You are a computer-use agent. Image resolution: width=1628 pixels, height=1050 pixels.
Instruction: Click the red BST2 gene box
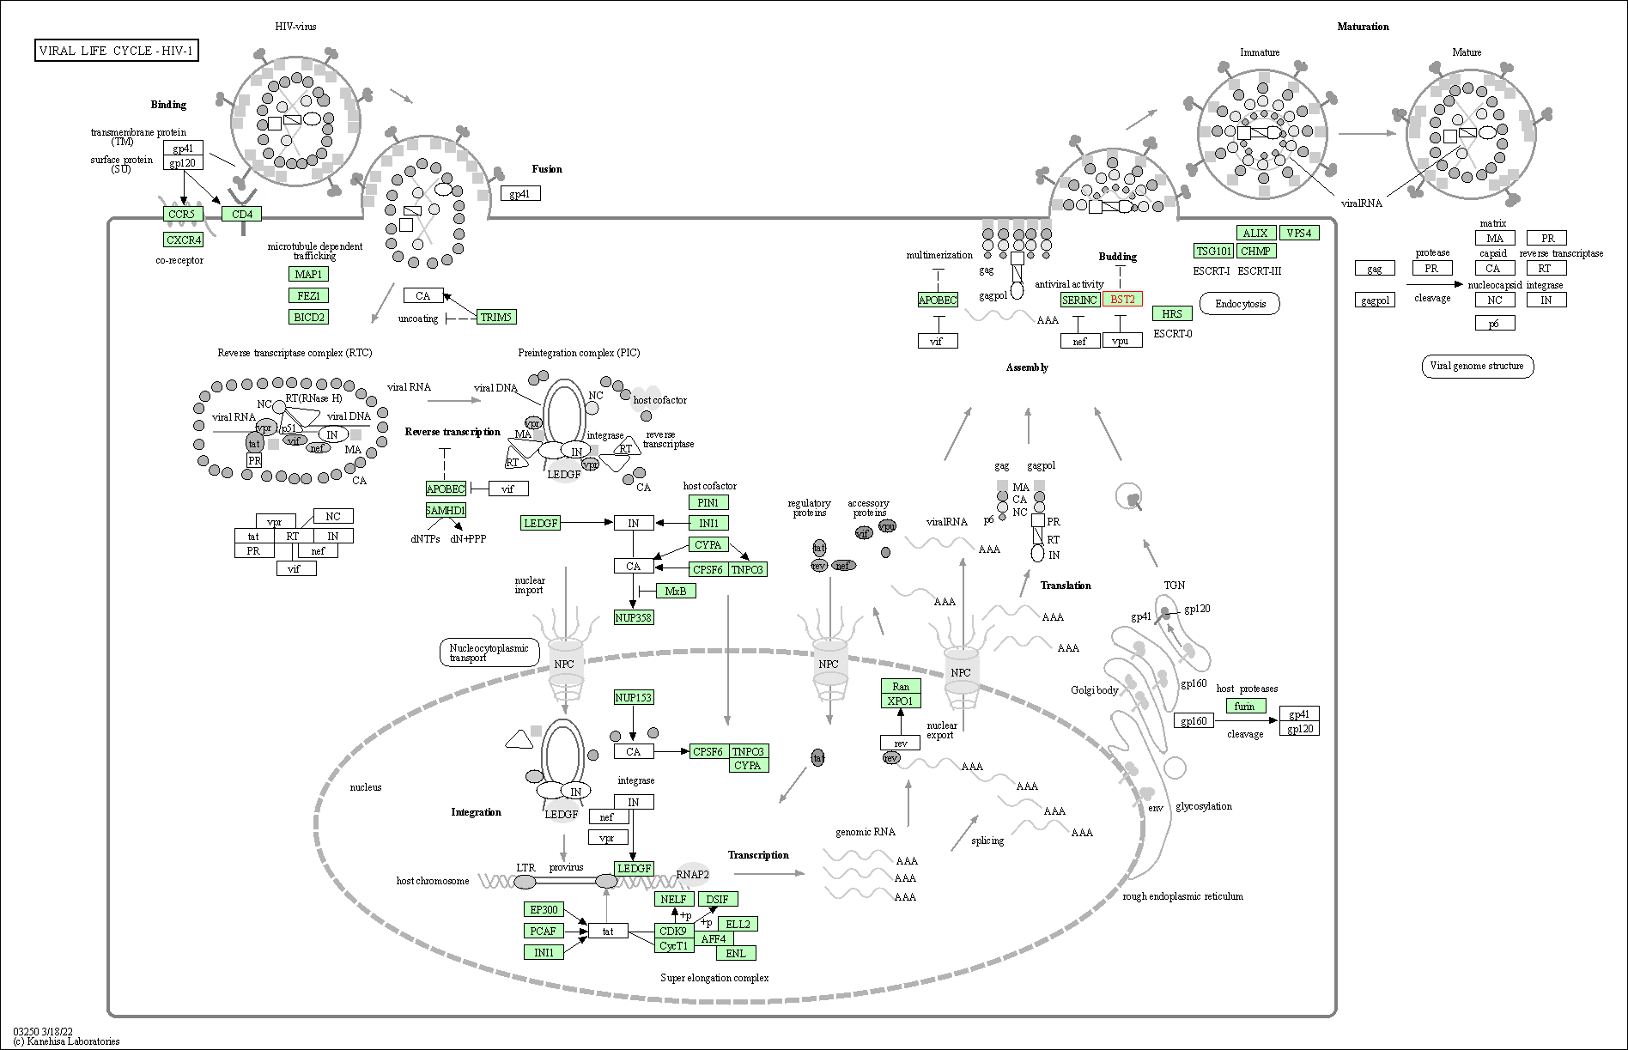point(1122,300)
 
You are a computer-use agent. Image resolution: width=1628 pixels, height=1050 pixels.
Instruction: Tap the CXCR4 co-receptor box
point(183,240)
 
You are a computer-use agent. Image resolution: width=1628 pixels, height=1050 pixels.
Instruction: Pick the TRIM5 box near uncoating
point(496,317)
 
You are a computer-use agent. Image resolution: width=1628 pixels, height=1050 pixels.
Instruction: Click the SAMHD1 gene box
point(446,510)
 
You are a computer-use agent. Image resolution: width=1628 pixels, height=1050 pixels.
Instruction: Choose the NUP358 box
point(634,617)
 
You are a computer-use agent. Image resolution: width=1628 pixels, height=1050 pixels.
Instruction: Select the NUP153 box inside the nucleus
point(634,697)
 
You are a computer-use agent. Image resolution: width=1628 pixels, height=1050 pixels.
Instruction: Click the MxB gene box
point(676,591)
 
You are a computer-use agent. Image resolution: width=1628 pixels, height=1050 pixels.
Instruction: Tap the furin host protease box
point(1245,706)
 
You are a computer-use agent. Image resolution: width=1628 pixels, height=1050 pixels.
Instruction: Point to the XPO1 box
point(901,701)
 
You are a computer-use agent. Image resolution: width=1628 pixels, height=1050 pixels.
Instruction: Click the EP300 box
point(544,909)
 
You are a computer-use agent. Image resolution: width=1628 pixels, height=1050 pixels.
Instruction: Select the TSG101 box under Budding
point(1214,251)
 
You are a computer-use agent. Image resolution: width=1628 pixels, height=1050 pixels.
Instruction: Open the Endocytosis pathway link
point(1241,304)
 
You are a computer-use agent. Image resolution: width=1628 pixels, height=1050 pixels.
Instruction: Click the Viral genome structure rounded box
point(1477,366)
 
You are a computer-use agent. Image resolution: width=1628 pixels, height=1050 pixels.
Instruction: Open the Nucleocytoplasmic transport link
point(489,652)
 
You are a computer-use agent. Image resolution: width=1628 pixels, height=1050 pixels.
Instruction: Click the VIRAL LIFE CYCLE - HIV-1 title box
point(117,51)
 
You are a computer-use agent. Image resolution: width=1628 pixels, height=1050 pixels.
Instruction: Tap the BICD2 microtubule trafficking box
point(309,317)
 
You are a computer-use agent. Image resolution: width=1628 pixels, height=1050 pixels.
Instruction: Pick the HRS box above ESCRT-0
point(1172,313)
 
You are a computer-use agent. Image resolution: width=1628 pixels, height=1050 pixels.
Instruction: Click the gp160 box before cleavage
point(1194,721)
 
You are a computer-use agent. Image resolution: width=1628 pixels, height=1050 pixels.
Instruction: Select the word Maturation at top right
point(1363,27)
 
